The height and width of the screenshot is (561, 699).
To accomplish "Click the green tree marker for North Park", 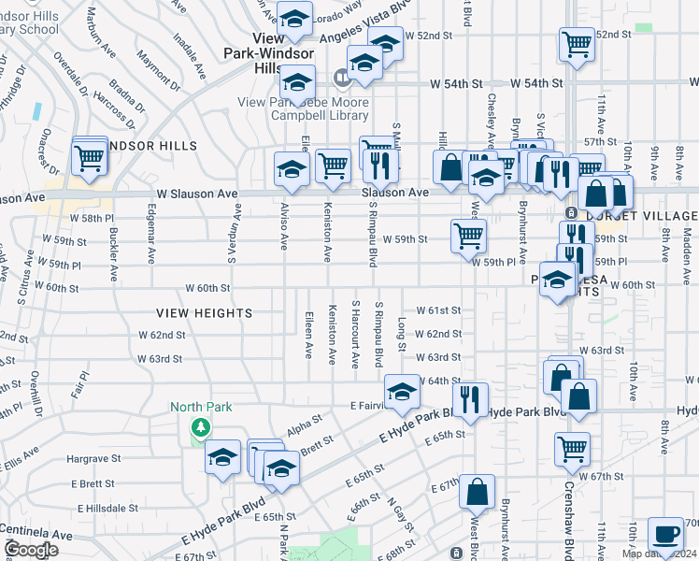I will (x=199, y=427).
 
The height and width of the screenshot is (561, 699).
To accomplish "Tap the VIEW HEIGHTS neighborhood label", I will (x=204, y=313).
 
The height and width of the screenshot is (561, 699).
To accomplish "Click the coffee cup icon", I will (x=664, y=533).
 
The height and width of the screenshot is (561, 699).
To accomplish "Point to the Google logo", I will (x=30, y=550).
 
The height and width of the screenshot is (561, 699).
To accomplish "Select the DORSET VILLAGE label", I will (x=653, y=216).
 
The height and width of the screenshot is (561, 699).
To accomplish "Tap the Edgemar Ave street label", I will (x=150, y=232).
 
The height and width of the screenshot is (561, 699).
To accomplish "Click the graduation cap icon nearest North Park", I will (x=222, y=457).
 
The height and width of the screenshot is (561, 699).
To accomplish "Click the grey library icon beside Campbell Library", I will (x=340, y=77).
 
